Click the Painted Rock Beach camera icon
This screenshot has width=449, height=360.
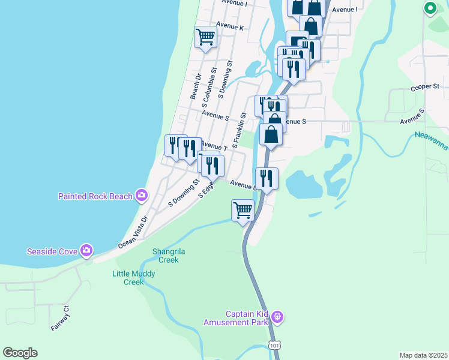142,195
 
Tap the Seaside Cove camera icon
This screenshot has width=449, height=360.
86,250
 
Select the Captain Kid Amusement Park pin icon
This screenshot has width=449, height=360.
277,316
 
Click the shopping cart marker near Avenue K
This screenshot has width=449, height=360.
205,37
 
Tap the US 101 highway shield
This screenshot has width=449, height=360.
274,346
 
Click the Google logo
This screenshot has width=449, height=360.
20,353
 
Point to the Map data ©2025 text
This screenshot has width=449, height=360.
424,355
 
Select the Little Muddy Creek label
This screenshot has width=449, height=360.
134,278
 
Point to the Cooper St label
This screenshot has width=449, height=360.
425,87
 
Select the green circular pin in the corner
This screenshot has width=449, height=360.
430,8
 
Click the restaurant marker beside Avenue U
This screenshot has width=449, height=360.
267,178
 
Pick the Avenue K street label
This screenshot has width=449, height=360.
230,27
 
